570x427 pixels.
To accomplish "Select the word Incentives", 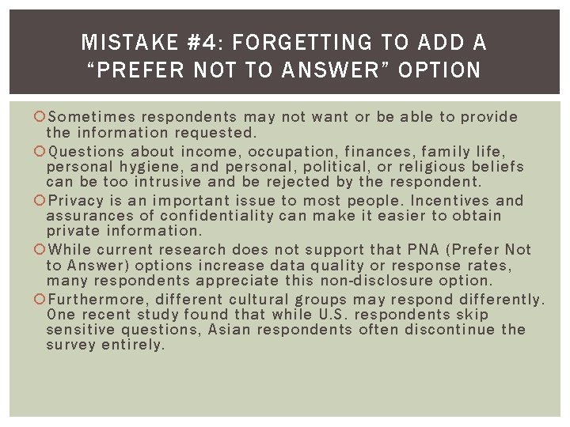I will (x=446, y=201).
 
